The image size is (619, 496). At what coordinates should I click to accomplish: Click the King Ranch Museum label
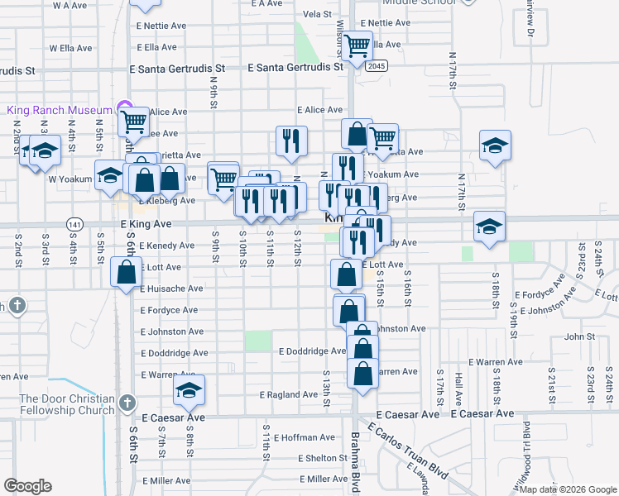59,110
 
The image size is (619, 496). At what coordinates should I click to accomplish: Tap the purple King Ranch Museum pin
124,107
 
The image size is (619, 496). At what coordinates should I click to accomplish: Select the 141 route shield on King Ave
75,224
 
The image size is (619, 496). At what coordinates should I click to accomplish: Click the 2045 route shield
377,66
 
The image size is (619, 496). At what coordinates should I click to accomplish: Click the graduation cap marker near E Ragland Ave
190,389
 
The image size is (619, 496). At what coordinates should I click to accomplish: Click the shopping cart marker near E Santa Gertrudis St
357,45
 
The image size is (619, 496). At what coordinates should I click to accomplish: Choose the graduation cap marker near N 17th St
495,145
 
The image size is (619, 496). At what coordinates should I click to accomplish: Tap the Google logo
27,486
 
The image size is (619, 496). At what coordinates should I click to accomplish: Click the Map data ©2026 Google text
567,489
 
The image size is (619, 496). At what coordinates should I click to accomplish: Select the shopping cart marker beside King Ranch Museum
133,122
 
